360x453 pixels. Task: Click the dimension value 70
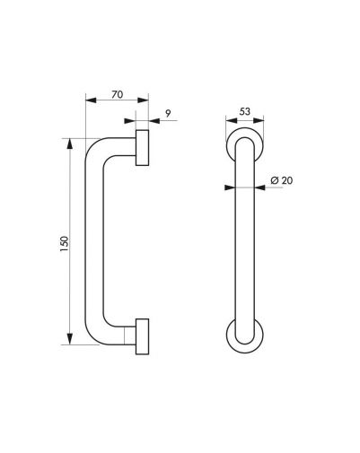tap(118, 94)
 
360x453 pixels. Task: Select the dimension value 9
tap(168, 113)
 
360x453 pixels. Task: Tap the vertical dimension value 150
tap(65, 244)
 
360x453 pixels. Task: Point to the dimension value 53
tap(245, 111)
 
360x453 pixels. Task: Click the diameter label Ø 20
tap(281, 180)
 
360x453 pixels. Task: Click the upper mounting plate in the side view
tap(142, 147)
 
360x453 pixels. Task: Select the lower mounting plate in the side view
tap(142, 336)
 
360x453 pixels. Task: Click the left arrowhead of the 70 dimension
tap(91, 100)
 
